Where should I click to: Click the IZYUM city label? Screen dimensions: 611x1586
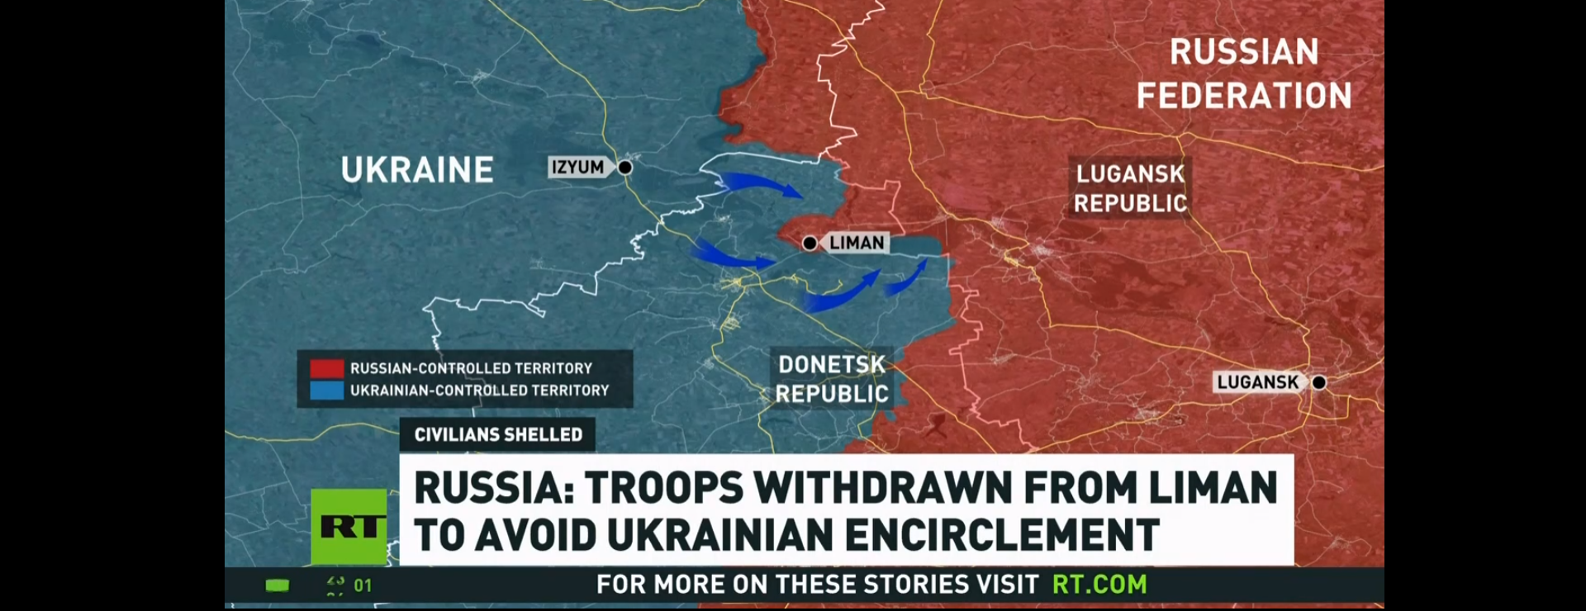click(x=578, y=167)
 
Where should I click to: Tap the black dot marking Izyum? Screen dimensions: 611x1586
click(x=625, y=168)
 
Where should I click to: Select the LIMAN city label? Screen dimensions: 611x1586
click(x=856, y=243)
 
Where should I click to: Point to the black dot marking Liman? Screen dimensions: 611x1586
click(x=810, y=243)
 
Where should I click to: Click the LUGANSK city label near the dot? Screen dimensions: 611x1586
click(x=1257, y=382)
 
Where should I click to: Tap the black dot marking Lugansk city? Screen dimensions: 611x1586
click(x=1319, y=382)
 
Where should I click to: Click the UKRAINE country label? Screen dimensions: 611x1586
click(x=417, y=170)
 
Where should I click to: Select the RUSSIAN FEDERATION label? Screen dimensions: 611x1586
click(x=1244, y=73)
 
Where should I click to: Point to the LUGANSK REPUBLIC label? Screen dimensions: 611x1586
click(x=1130, y=188)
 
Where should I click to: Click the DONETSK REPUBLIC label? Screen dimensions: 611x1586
click(x=832, y=379)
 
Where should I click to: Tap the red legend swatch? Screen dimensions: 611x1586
click(x=327, y=368)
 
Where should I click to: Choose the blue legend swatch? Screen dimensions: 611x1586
click(x=327, y=391)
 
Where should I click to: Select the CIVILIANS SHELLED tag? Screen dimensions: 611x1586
click(x=498, y=435)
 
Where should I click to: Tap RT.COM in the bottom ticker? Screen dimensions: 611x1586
click(x=1099, y=585)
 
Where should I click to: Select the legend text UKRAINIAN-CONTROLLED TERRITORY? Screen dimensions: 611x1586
click(x=479, y=391)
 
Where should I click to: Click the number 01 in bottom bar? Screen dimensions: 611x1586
click(x=363, y=585)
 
